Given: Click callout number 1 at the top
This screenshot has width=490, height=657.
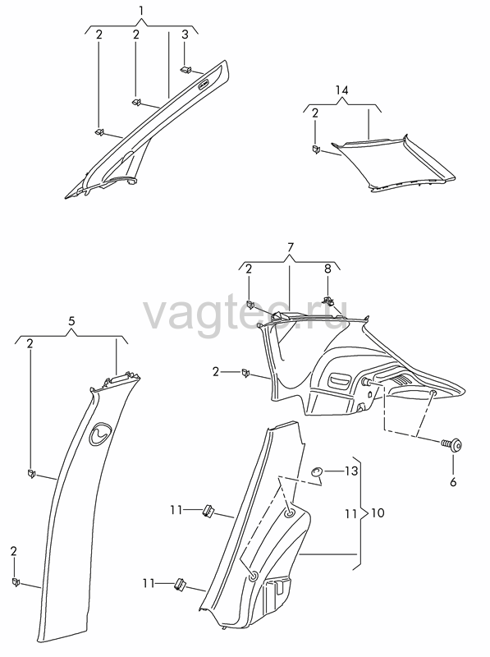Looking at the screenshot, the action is [141, 11].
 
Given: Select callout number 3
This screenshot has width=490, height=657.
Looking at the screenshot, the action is [185, 34].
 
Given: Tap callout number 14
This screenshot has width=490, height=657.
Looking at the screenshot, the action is [342, 90].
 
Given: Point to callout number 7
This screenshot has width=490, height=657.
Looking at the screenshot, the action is [291, 246].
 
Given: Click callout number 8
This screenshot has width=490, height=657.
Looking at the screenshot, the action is [328, 269].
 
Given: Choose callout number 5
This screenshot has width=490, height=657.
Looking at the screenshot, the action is [71, 321].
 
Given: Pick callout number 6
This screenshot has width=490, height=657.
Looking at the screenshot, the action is [453, 482].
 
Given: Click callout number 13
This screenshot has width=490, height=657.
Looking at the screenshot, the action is [351, 471].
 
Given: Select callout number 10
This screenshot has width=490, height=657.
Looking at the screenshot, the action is [378, 512].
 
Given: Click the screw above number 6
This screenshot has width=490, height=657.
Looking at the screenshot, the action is [451, 444].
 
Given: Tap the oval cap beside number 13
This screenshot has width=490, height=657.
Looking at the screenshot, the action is [316, 472].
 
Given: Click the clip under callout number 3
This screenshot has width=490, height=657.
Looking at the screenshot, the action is [185, 70].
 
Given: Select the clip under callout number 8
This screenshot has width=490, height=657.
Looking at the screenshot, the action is [327, 300].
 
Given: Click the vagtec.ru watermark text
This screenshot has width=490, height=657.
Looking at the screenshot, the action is [245, 315].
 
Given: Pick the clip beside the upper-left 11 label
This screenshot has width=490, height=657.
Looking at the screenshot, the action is [208, 510].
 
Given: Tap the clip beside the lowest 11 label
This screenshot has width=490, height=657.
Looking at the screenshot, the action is [181, 584].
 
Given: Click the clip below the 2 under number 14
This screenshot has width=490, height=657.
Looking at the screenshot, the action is [316, 149].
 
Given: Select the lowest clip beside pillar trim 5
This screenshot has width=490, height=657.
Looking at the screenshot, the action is [16, 582].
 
